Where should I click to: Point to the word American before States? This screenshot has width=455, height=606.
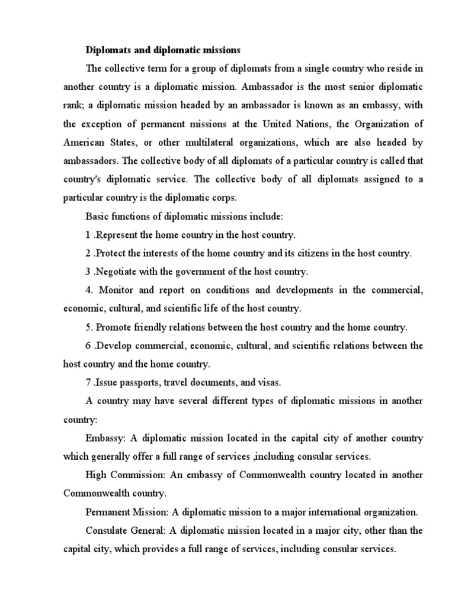pyautogui.click(x=85, y=143)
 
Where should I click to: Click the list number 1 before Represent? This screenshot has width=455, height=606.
pyautogui.click(x=88, y=235)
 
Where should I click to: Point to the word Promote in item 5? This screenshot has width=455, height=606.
pyautogui.click(x=114, y=327)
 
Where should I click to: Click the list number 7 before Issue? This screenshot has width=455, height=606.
pyautogui.click(x=88, y=382)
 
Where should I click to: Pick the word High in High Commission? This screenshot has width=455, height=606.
pyautogui.click(x=95, y=475)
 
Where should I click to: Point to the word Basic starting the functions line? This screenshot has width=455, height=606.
pyautogui.click(x=97, y=217)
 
